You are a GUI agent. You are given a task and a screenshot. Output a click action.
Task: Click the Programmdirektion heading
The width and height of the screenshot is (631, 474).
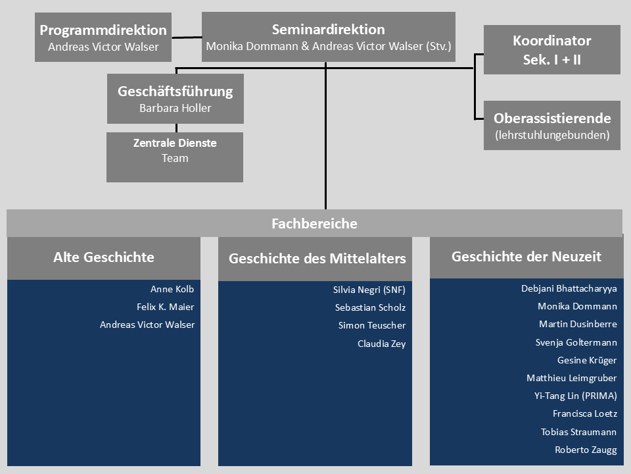pyautogui.click(x=103, y=30)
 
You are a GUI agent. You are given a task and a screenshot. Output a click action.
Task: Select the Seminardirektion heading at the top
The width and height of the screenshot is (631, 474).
pyautogui.click(x=328, y=29)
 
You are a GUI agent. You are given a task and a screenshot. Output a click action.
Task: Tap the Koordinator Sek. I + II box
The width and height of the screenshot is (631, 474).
pyautogui.click(x=551, y=49)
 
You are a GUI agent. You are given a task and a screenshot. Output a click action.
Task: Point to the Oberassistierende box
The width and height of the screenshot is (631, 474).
pyautogui.click(x=551, y=125)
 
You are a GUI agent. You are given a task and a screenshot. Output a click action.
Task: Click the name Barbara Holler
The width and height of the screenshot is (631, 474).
pyautogui.click(x=175, y=108)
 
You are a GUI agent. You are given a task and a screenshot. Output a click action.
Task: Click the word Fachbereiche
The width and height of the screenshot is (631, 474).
pyautogui.click(x=314, y=224)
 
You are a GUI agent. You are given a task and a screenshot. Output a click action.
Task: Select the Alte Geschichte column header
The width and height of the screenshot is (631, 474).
pyautogui.click(x=104, y=257)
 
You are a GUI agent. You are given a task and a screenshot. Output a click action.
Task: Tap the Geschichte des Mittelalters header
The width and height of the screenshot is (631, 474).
pyautogui.click(x=317, y=259)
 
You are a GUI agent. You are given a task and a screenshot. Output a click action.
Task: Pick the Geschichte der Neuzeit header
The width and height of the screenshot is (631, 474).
pyautogui.click(x=526, y=257)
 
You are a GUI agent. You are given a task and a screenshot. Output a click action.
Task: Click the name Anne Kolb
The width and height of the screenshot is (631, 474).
pyautogui.click(x=172, y=289)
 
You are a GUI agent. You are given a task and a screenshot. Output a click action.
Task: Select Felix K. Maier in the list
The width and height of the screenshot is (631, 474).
pyautogui.click(x=165, y=307)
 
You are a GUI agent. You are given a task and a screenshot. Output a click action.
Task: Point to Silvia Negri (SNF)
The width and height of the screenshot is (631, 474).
pyautogui.click(x=369, y=290)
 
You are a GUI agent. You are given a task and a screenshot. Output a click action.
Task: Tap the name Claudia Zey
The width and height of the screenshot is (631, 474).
pyautogui.click(x=381, y=344)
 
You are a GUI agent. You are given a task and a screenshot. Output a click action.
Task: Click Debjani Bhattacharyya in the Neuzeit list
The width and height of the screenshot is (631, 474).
pyautogui.click(x=569, y=288)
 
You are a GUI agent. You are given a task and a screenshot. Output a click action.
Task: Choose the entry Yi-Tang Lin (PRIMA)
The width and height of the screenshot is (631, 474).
pyautogui.click(x=575, y=396)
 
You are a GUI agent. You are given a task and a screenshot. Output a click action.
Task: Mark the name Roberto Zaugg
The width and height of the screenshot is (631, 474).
pyautogui.click(x=586, y=450)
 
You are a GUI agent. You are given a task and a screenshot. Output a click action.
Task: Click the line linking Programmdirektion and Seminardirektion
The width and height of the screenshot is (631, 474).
pyautogui.click(x=186, y=38)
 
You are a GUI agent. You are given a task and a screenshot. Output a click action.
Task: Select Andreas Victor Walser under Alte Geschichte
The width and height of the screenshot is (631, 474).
pyautogui.click(x=147, y=325)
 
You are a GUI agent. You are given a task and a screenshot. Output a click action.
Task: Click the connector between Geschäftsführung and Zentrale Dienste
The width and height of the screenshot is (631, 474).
pyautogui.click(x=175, y=128)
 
